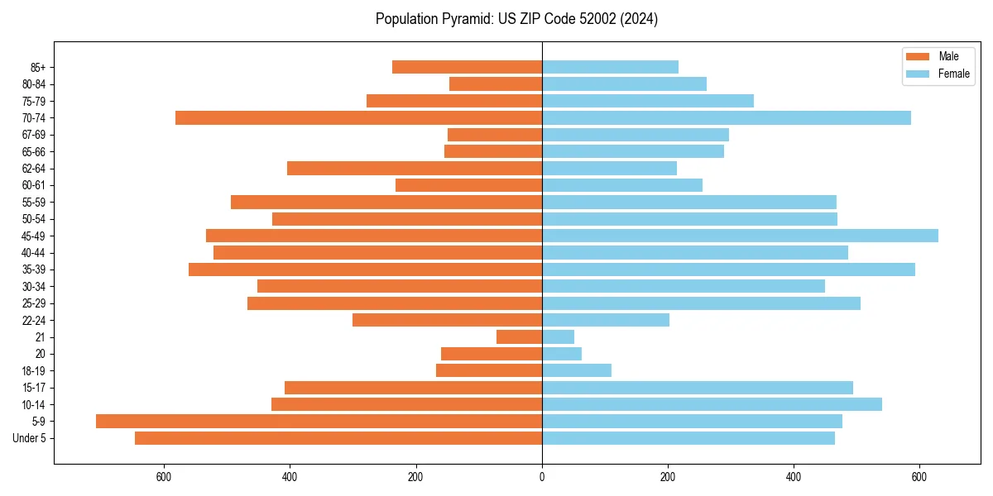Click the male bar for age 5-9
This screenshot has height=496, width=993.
pos(319,422)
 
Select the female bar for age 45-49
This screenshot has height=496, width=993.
pos(740,236)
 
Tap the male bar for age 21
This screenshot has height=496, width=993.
pos(519,337)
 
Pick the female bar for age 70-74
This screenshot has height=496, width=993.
pos(726,118)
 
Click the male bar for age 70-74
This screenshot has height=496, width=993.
pos(358,118)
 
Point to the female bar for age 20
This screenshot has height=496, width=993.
pos(562,354)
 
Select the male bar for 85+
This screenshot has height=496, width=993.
pos(467,67)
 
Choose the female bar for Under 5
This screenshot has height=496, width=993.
pos(688,438)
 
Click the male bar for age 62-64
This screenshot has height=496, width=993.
pos(414,169)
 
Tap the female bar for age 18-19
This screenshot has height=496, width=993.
pos(577,371)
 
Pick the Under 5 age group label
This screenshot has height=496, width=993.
pos(30,438)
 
